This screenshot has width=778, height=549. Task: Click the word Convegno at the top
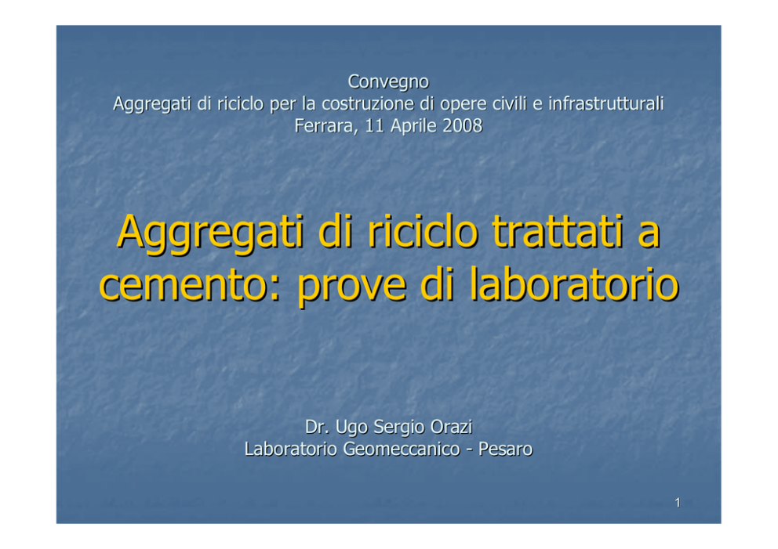point(388,82)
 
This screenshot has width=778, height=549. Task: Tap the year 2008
point(462,125)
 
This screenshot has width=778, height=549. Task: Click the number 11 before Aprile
point(375,125)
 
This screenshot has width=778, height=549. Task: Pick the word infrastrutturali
point(605,103)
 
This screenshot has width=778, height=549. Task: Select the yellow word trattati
point(557,231)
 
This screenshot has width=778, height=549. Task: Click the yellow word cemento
point(190,285)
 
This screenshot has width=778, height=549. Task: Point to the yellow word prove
point(352,287)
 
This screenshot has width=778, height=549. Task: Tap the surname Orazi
point(451,427)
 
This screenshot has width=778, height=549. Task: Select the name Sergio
point(399,428)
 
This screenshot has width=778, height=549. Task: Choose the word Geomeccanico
point(402,449)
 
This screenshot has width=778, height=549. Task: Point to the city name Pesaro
point(505,449)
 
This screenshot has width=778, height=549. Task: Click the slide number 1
point(678,503)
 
